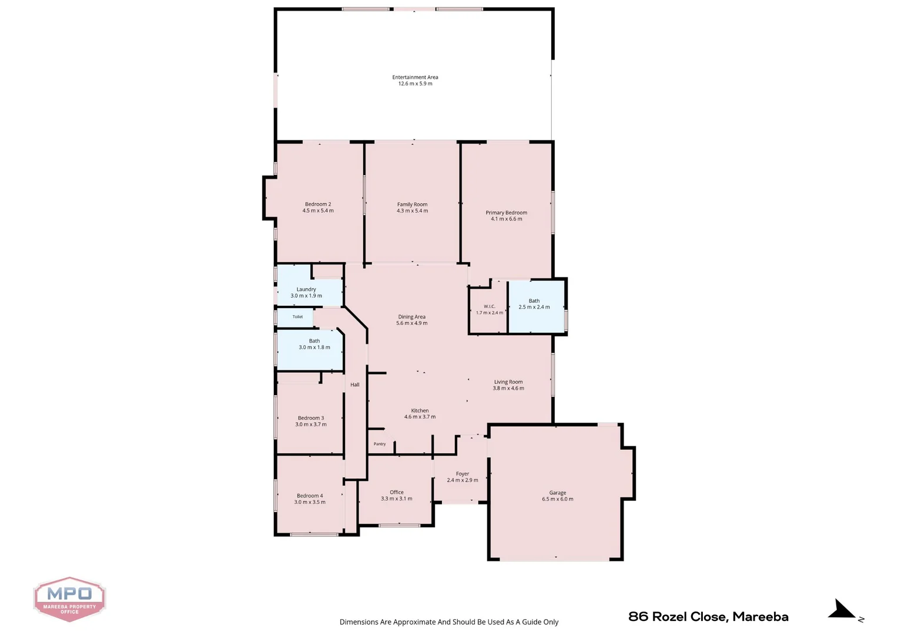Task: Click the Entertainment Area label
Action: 415,77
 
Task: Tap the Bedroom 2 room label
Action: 318,204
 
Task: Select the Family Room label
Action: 412,204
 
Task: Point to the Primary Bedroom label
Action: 507,213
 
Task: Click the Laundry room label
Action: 306,289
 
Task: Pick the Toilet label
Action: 297,316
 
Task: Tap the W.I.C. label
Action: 490,306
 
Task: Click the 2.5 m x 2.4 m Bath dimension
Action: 534,307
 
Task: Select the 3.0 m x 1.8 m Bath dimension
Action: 314,347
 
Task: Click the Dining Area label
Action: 412,316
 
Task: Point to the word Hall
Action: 355,385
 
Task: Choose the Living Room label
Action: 508,382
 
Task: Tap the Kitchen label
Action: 420,410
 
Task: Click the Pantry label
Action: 380,444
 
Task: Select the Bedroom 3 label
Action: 311,418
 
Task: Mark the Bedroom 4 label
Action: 310,496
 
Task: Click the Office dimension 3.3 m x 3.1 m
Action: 397,499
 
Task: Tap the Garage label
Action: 558,493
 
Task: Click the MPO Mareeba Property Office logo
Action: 70,599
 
